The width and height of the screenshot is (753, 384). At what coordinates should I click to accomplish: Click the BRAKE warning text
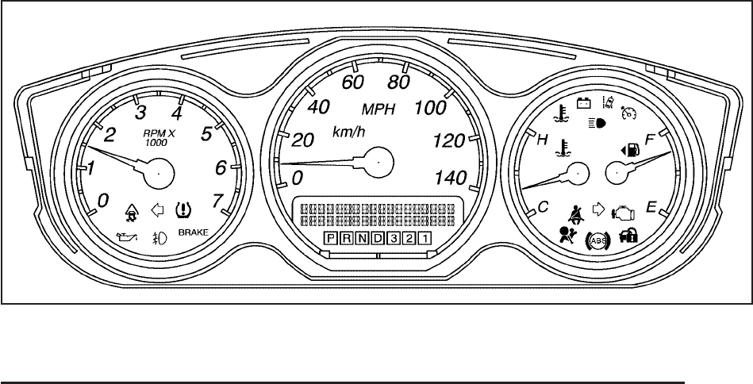(193, 233)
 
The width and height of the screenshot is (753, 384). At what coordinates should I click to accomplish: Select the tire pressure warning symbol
(182, 210)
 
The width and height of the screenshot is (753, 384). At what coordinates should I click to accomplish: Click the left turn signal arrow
(157, 210)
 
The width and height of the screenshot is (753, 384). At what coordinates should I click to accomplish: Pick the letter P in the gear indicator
(331, 238)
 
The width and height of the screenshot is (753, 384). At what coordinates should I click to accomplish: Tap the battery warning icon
(584, 102)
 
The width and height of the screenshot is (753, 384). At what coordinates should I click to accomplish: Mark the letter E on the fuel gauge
(651, 207)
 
